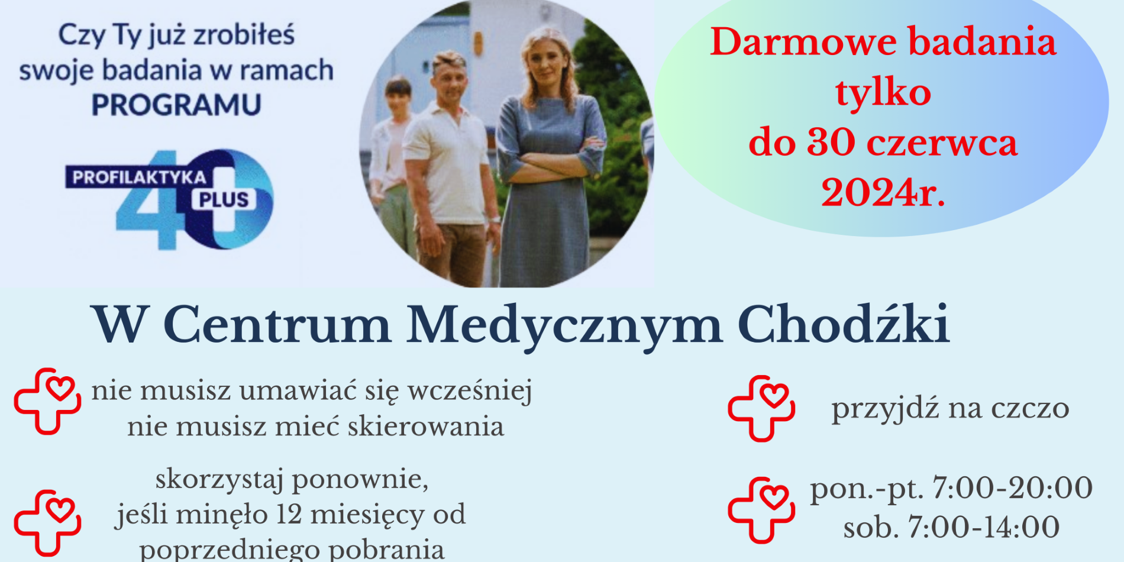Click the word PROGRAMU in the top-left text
pyautogui.click(x=176, y=105)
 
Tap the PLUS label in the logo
pyautogui.click(x=224, y=199)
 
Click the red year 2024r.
pyautogui.click(x=883, y=193)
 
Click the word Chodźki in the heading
pyautogui.click(x=844, y=324)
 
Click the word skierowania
pyautogui.click(x=426, y=427)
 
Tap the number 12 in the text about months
pyautogui.click(x=289, y=514)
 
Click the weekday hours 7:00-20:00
pyautogui.click(x=1012, y=488)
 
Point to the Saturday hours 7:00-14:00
pyautogui.click(x=984, y=527)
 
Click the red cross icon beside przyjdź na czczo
pyautogui.click(x=761, y=408)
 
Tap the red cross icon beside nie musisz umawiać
pyautogui.click(x=47, y=401)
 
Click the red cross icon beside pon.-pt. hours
pyautogui.click(x=761, y=510)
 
